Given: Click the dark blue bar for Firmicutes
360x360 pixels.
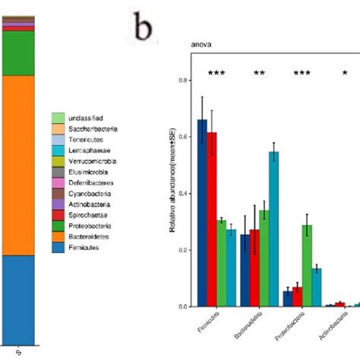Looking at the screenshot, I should pyautogui.click(x=202, y=213).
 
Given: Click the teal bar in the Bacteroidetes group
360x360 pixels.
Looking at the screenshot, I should pyautogui.click(x=273, y=229).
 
